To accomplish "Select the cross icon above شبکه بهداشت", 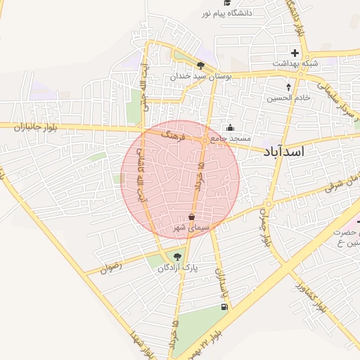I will [x=295, y=53].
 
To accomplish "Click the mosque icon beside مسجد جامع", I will [x=231, y=128].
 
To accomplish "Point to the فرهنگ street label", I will [x=172, y=132].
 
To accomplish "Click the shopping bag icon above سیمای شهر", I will [x=193, y=218].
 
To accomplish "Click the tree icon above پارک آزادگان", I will [x=176, y=256].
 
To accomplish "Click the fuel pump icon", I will [x=224, y=307].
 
